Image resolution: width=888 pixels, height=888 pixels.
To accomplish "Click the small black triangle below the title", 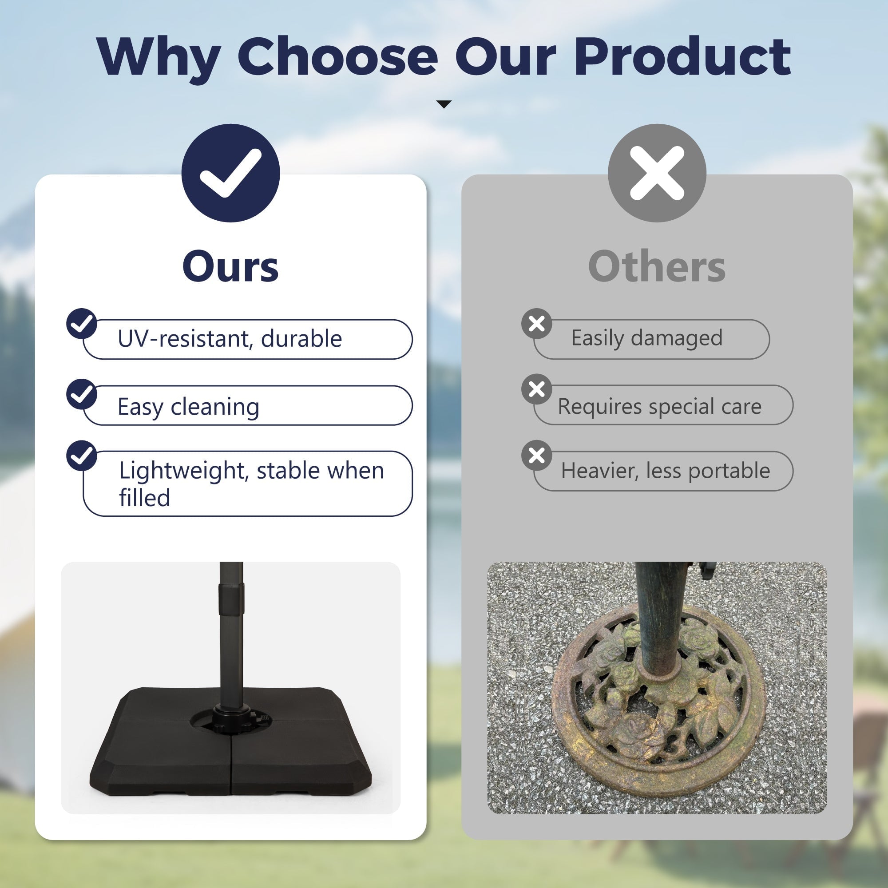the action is point(444,104).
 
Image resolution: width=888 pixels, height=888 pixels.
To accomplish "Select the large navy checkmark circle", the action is point(231,173).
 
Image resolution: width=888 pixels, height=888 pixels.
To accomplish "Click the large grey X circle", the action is point(657,173).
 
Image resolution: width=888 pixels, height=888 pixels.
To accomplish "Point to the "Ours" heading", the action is point(231,266).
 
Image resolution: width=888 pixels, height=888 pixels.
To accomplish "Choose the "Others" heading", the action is point(657,266).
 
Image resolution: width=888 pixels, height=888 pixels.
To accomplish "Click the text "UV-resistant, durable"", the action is point(230,339).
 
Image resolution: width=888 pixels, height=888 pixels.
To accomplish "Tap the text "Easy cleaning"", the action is point(188,407).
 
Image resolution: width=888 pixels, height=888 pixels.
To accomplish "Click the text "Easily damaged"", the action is point(647,338).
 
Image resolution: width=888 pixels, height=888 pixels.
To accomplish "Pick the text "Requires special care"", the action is point(660,407).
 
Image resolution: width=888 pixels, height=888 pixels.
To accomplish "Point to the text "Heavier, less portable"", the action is point(666,471).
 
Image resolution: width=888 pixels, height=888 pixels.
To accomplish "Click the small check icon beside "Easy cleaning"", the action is point(82,394).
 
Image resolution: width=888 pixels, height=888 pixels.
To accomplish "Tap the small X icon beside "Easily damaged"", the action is point(537,324).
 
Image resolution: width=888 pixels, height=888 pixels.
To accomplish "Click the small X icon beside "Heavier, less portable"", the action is point(537,456).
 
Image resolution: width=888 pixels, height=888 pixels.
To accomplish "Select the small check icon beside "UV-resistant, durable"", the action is point(82,324).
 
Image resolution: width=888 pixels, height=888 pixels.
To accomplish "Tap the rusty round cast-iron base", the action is point(658,703).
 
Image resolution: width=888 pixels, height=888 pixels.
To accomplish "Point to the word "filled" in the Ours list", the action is point(144,497).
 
